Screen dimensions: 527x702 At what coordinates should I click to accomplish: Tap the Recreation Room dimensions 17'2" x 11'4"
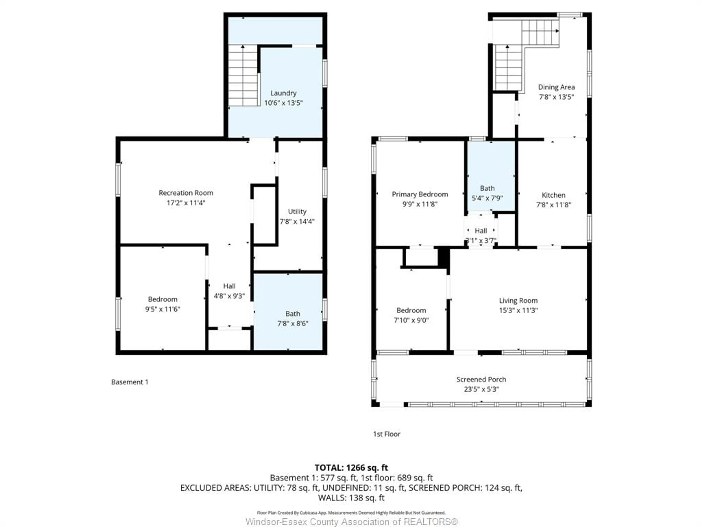click(x=186, y=203)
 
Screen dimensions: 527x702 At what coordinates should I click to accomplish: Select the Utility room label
click(x=297, y=212)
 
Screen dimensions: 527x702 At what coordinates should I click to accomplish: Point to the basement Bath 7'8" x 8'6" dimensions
click(x=293, y=323)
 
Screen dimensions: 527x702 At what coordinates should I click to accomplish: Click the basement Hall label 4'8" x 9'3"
click(x=229, y=291)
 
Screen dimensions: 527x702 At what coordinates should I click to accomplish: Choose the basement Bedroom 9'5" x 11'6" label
click(x=163, y=304)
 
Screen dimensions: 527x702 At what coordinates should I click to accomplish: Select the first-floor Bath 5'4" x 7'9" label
click(x=487, y=193)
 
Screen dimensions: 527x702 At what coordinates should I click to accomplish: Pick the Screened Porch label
click(x=481, y=379)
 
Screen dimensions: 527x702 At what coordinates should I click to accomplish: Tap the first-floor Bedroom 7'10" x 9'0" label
click(x=411, y=315)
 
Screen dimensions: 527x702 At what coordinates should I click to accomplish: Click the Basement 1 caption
click(x=129, y=382)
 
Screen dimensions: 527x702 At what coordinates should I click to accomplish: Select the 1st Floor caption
click(x=386, y=434)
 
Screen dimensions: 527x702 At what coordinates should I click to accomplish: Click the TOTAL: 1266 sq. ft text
click(x=351, y=468)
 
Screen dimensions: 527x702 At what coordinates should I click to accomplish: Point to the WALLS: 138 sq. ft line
click(x=351, y=498)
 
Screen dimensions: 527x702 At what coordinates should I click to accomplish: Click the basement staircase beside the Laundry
click(x=243, y=76)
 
